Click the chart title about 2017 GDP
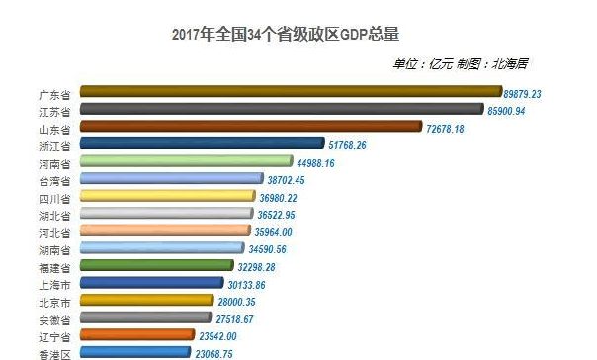(285, 34)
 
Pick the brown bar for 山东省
(251, 127)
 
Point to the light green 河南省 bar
(186, 162)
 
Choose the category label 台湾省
(52, 181)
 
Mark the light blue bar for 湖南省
(161, 249)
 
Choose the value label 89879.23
(537, 93)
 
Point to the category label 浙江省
(52, 146)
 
